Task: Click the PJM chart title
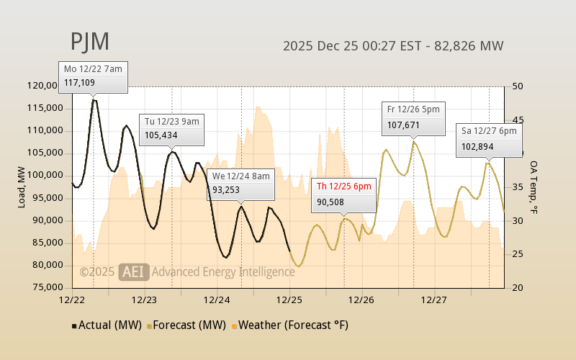[90, 42]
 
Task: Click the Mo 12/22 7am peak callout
[93, 76]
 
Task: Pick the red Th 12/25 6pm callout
[344, 194]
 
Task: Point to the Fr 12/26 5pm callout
[413, 117]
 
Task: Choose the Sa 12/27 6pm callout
[489, 140]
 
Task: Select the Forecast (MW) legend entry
[186, 325]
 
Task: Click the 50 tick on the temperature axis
[516, 86]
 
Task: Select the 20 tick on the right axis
[516, 288]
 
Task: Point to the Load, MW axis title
[22, 186]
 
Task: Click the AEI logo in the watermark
[134, 271]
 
